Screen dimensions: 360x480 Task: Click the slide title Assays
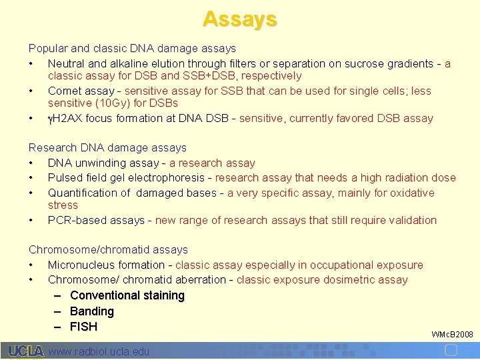coord(239,19)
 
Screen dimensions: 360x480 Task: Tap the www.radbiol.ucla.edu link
coord(99,351)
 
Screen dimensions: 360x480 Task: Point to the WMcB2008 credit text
coord(452,334)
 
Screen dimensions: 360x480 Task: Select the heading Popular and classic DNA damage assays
coord(132,49)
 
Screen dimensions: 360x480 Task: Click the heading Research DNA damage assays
coord(107,147)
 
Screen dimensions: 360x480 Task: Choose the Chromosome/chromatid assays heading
coord(108,249)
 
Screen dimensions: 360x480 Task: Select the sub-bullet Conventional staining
coord(127,295)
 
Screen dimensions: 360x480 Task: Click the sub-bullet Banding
coord(91,311)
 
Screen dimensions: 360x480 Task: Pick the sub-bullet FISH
coord(83,327)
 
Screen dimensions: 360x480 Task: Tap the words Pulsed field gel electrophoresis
coord(125,178)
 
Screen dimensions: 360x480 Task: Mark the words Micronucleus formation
coord(105,265)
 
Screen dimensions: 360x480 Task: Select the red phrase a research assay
coord(212,163)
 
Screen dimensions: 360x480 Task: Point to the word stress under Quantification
coord(63,205)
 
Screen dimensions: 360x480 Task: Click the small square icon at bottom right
coord(451,351)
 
